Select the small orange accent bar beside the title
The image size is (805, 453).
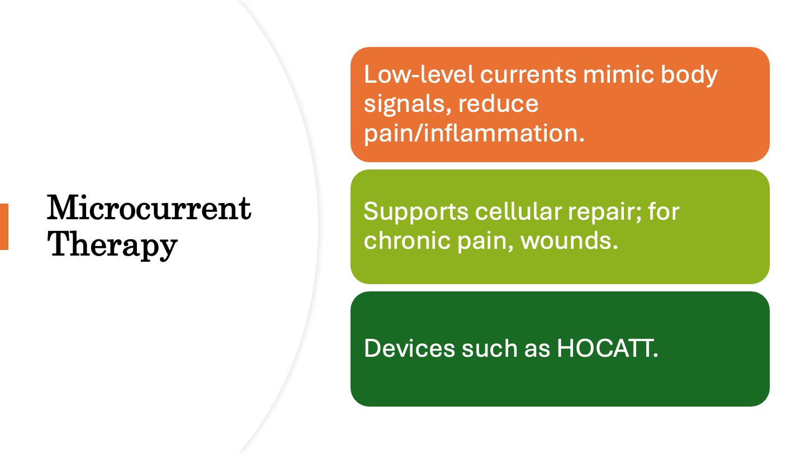(4, 226)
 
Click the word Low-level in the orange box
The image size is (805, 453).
(419, 74)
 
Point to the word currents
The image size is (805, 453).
(528, 75)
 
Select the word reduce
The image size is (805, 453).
(498, 104)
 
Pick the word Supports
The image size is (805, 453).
(416, 212)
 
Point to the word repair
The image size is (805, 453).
(604, 212)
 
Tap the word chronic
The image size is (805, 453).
(407, 240)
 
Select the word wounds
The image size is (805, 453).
(569, 240)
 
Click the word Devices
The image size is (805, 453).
(409, 348)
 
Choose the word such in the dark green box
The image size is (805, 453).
(490, 348)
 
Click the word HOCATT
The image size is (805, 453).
(607, 348)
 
